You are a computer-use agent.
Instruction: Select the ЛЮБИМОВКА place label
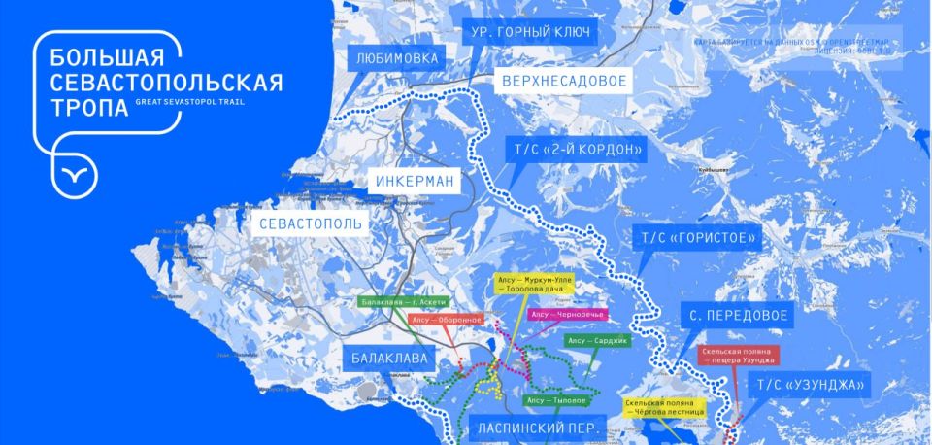coord(398,58)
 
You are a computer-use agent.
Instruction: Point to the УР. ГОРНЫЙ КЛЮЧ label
coord(530,32)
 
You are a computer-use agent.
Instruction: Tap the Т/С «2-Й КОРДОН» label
coord(576,150)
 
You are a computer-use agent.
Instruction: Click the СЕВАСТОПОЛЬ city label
coord(310,224)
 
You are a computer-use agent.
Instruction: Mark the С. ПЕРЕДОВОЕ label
coord(737,317)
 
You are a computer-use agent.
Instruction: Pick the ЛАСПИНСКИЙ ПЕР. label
coord(540,428)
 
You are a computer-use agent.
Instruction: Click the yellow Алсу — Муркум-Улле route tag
coord(535,285)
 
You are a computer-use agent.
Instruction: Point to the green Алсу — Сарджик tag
coord(597,341)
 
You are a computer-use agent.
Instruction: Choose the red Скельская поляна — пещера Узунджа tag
coord(738,357)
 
